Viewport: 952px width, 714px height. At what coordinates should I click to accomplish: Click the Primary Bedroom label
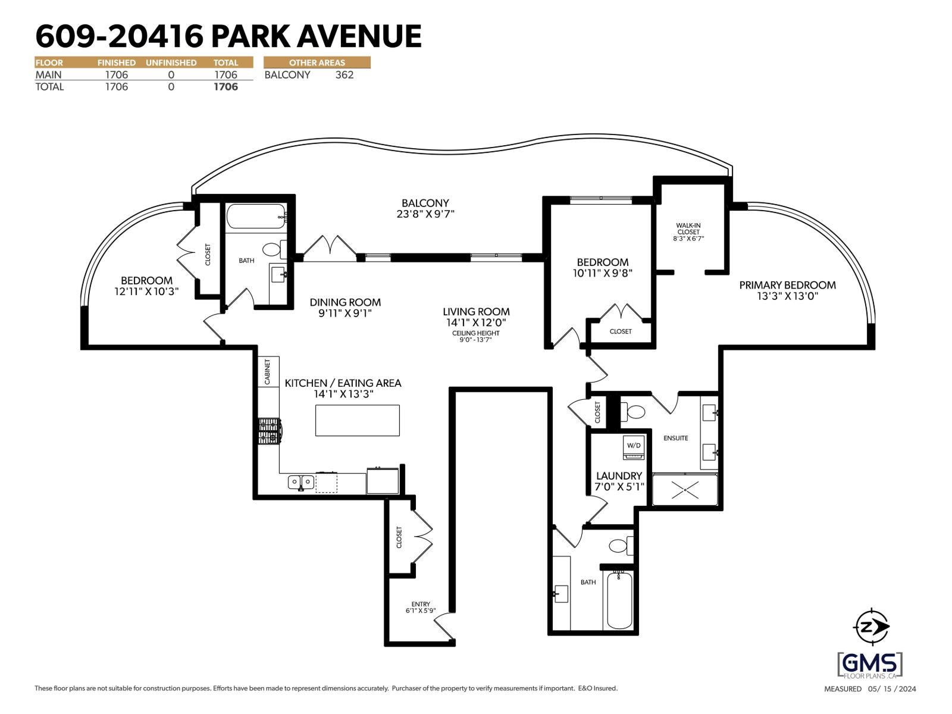click(787, 286)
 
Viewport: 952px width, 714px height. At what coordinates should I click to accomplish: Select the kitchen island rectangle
click(357, 420)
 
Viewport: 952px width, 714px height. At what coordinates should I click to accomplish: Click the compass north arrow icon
click(872, 627)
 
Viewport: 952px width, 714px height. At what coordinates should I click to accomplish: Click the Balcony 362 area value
click(344, 75)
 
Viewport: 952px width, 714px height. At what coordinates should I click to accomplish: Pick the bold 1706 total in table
click(226, 87)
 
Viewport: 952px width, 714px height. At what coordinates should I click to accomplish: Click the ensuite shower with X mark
click(685, 490)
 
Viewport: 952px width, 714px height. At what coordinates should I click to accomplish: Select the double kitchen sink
click(301, 481)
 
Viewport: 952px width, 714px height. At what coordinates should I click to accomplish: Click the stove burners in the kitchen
click(268, 431)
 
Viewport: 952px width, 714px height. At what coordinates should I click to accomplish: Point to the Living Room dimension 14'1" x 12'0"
click(476, 322)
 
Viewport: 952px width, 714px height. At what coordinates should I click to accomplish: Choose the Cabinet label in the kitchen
click(268, 372)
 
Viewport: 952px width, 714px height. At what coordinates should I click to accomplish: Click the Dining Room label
click(345, 302)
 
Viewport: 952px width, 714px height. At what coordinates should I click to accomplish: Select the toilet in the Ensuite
click(634, 411)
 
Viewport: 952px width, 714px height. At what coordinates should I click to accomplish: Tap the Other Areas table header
click(317, 62)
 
